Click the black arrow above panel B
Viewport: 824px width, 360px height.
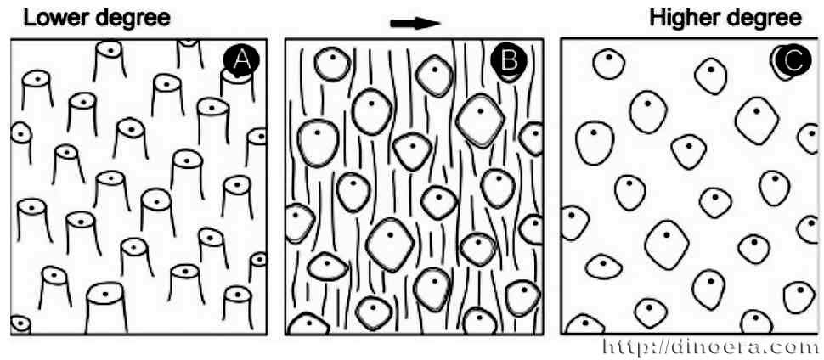pyautogui.click(x=415, y=23)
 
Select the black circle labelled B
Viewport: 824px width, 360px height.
pyautogui.click(x=510, y=59)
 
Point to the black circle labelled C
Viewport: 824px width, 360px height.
pyautogui.click(x=789, y=59)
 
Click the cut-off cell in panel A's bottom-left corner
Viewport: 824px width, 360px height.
pyautogui.click(x=19, y=325)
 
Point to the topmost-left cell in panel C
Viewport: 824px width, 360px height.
pyautogui.click(x=609, y=64)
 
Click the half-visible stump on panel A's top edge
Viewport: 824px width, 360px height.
pyautogui.click(x=189, y=51)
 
